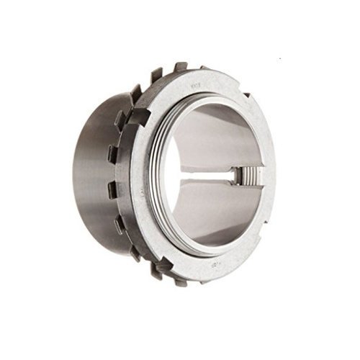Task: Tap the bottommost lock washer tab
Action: click(180, 282)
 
